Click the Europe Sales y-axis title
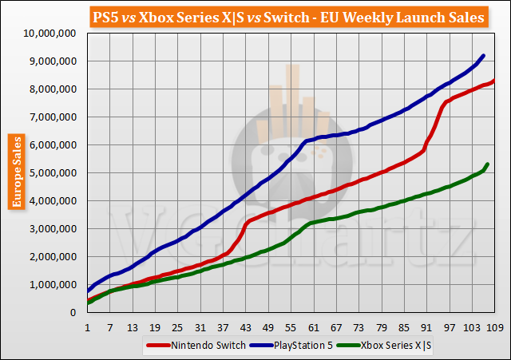coord(15,172)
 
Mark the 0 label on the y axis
coord(75,313)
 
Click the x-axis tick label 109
coord(495,326)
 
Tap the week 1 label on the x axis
coord(87,326)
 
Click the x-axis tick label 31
coord(200,326)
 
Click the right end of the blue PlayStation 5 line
coord(484,55)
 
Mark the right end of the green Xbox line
coord(488,164)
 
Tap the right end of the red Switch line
coord(495,80)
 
